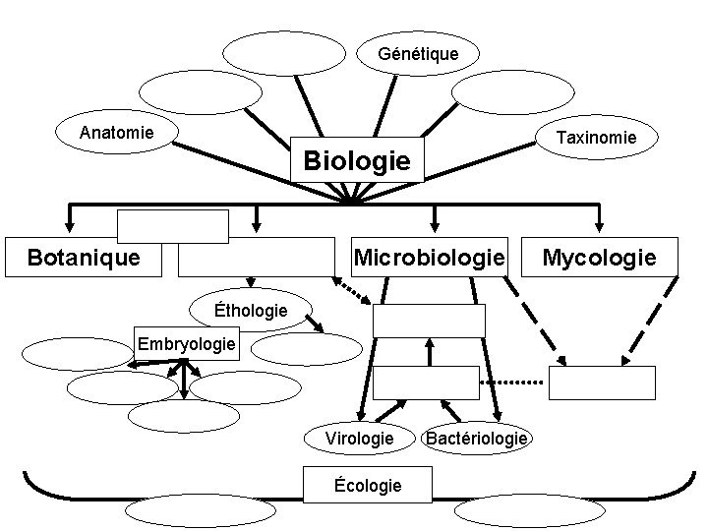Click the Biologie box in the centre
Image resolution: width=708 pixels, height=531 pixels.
[x=356, y=159]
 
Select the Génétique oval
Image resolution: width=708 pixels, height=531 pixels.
[x=418, y=53]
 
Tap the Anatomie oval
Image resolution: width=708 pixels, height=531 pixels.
[x=116, y=132]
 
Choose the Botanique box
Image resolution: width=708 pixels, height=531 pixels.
[x=83, y=258]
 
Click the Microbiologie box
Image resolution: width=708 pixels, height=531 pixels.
[x=430, y=258]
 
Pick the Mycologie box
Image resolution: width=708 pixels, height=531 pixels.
[x=599, y=258]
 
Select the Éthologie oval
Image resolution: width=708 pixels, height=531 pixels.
[x=251, y=311]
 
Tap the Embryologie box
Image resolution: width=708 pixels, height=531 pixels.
[x=186, y=344]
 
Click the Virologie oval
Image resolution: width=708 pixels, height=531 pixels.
[x=359, y=438]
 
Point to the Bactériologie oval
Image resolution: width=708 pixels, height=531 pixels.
[x=476, y=438]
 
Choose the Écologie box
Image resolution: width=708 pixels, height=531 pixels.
[x=368, y=485]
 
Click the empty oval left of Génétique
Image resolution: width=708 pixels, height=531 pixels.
[x=283, y=53]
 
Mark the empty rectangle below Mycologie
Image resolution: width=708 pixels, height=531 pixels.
[x=601, y=383]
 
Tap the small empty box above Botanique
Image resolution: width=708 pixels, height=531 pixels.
[x=173, y=225]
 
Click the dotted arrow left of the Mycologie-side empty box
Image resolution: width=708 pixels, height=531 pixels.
[x=511, y=382]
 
